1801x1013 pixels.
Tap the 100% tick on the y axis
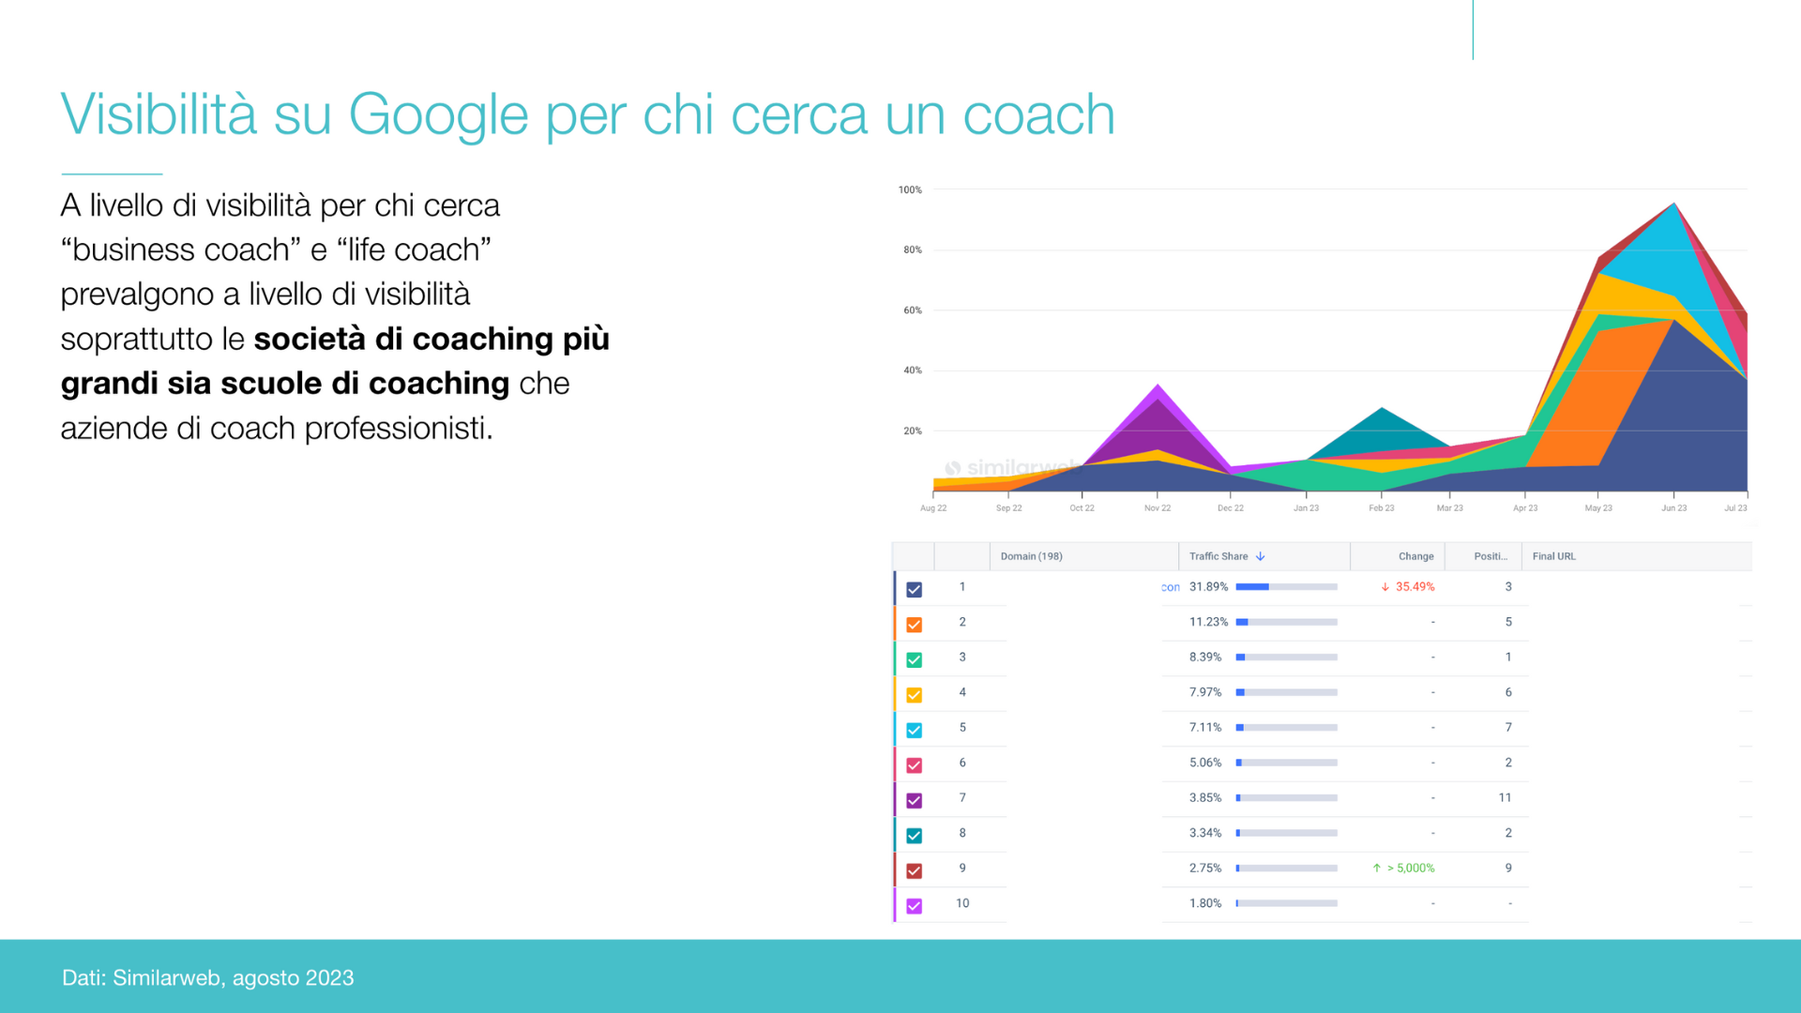point(910,189)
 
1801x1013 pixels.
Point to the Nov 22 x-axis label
point(1158,508)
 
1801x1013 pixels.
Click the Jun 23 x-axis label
point(1673,508)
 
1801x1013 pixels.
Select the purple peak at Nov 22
point(1158,386)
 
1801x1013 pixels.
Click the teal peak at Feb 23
point(1382,410)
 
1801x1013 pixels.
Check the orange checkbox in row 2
point(915,625)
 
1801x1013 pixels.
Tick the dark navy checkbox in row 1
point(915,589)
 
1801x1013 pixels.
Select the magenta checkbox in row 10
point(915,906)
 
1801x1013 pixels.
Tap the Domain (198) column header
point(1031,556)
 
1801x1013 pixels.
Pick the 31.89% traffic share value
point(1208,587)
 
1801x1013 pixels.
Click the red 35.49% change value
point(1415,587)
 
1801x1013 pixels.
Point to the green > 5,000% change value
point(1410,869)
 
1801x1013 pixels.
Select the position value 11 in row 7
point(1505,798)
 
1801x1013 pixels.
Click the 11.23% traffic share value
point(1208,622)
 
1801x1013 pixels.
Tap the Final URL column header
point(1553,556)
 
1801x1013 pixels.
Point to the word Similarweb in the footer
point(167,977)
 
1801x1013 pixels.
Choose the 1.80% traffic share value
point(1205,903)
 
